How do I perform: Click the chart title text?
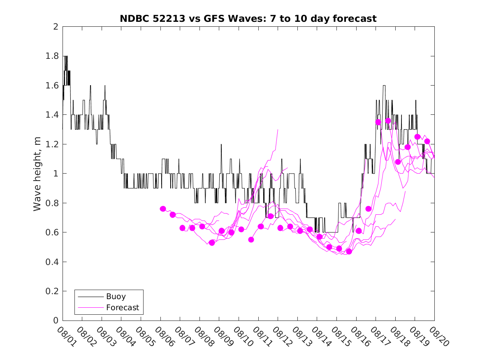[x=248, y=19]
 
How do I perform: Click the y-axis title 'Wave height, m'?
[x=37, y=174]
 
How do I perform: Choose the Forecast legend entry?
[x=122, y=307]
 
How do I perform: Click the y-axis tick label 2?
[x=55, y=27]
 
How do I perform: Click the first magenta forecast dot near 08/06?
[x=163, y=209]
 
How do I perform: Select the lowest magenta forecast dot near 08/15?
[x=349, y=251]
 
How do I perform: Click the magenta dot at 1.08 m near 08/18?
[x=398, y=162]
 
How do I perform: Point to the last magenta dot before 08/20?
[x=427, y=141]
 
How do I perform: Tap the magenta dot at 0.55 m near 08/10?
[x=251, y=239]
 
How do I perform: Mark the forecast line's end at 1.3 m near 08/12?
[x=278, y=130]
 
